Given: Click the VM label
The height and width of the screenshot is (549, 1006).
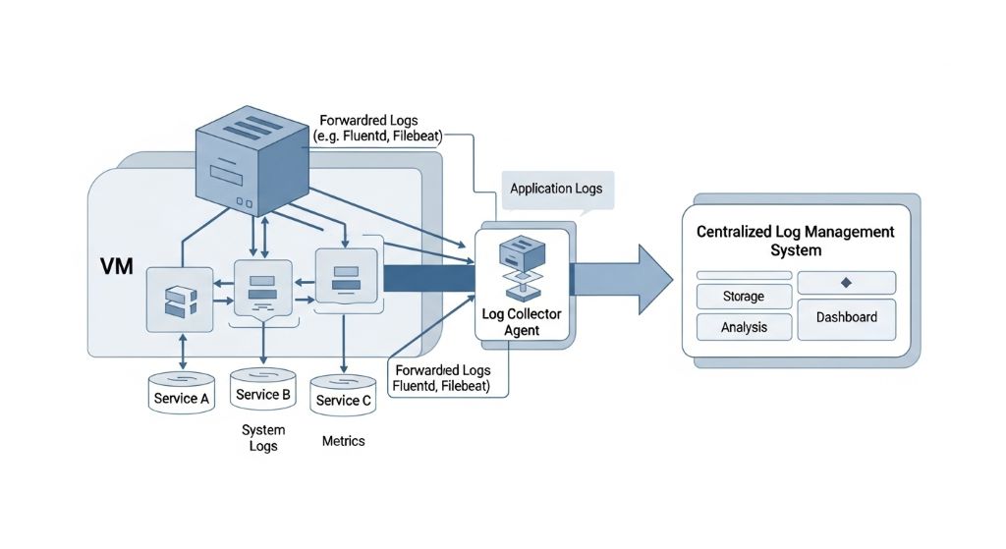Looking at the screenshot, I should click(117, 267).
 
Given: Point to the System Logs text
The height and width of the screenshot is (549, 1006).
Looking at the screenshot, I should click(263, 438).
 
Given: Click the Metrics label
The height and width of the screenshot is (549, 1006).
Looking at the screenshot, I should click(343, 441).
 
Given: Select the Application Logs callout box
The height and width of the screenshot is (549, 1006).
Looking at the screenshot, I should click(556, 189).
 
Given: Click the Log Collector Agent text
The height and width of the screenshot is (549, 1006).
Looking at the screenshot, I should click(523, 322).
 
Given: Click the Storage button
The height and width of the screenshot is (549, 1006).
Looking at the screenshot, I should click(743, 297).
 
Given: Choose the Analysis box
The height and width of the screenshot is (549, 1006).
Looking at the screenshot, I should click(743, 327).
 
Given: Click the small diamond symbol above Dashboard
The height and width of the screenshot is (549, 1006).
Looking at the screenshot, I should click(846, 283).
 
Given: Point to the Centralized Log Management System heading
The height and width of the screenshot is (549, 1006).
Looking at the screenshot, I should click(795, 241).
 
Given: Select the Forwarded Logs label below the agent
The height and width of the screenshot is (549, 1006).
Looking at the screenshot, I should click(441, 378).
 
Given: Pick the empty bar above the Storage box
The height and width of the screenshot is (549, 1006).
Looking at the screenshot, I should click(743, 275).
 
